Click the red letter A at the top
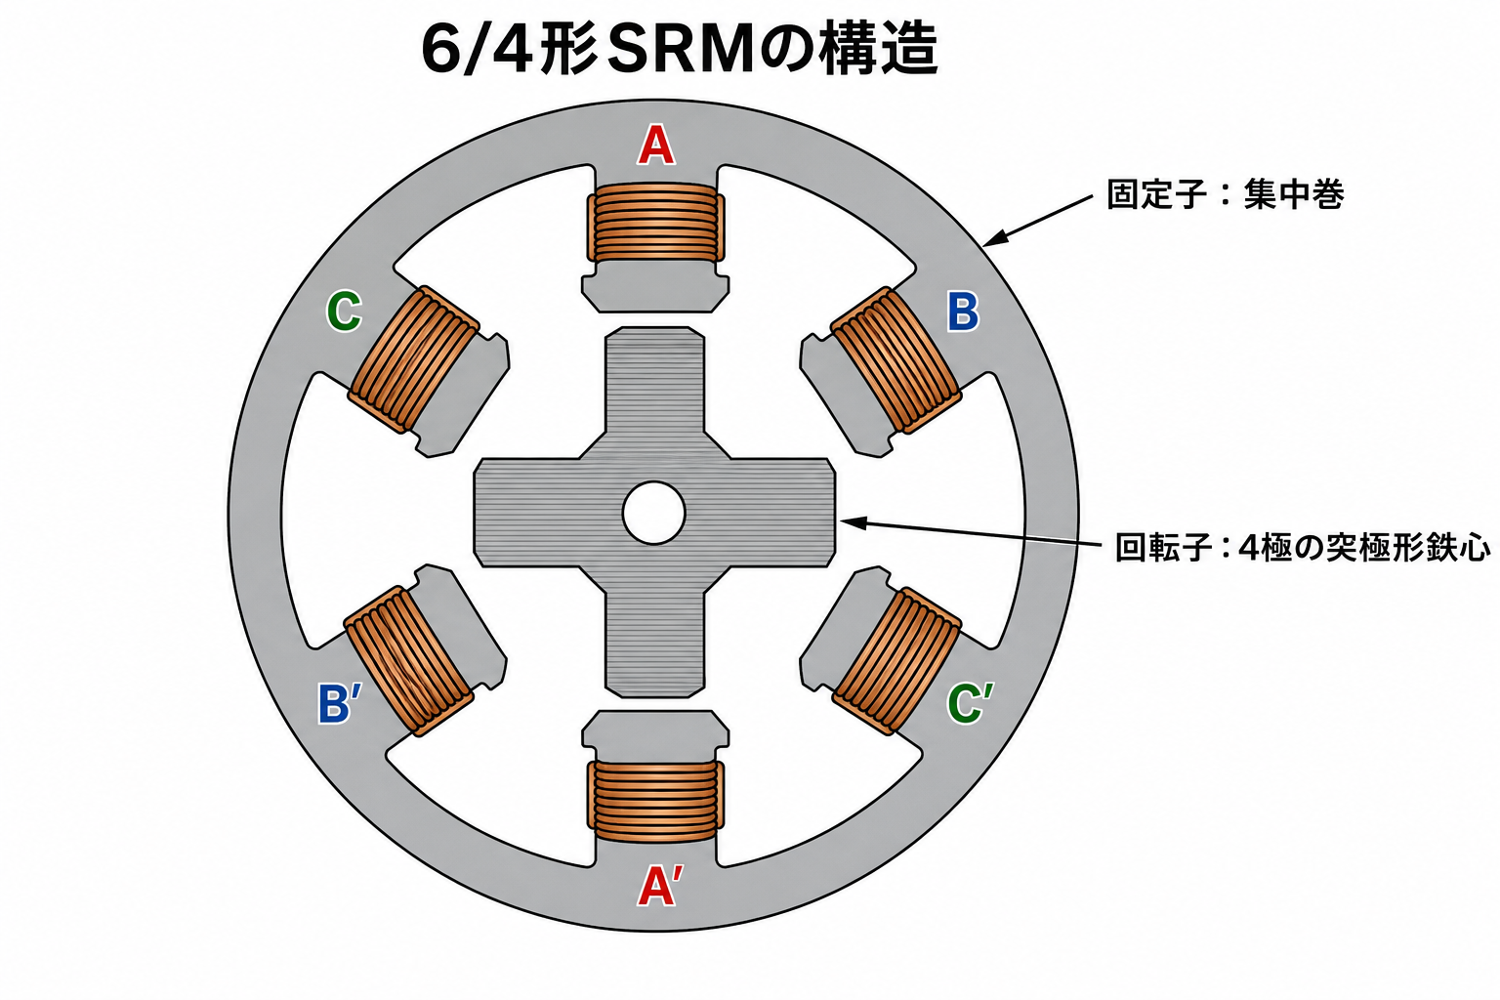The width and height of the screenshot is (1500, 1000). click(x=655, y=146)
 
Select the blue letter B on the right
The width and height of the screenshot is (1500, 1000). click(x=963, y=312)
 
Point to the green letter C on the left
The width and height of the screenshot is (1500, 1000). click(x=344, y=311)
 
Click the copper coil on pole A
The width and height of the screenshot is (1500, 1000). click(x=655, y=223)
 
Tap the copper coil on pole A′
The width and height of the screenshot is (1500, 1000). click(x=655, y=802)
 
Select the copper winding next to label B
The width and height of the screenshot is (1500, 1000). click(x=896, y=359)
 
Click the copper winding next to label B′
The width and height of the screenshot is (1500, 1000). click(x=409, y=661)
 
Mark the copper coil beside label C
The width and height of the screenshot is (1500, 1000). click(x=414, y=359)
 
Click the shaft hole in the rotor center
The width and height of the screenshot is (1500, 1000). click(x=653, y=513)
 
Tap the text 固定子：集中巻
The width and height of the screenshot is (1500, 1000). click(x=1225, y=195)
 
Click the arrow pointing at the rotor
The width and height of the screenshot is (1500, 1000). click(x=971, y=534)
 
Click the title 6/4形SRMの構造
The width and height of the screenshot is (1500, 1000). click(x=679, y=50)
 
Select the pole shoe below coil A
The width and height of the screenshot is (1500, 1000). click(x=655, y=287)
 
